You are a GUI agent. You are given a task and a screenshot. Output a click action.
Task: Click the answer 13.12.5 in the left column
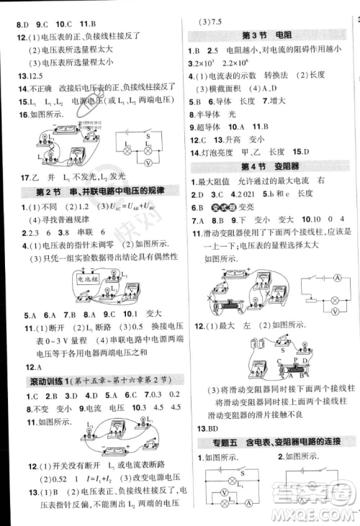(21, 77)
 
